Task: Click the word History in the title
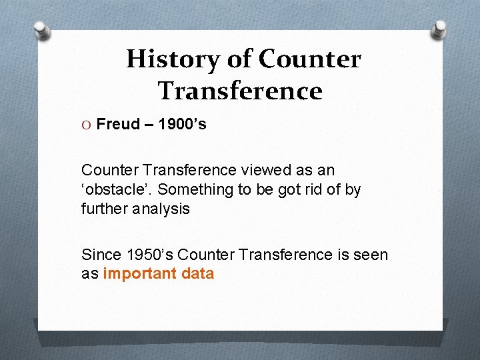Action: click(173, 59)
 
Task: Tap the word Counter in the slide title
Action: click(309, 59)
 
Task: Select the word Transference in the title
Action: click(240, 91)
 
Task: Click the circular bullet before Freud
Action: click(87, 125)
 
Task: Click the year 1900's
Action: click(181, 124)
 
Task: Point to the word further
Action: click(103, 209)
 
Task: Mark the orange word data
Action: click(197, 274)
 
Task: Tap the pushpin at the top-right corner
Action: click(440, 28)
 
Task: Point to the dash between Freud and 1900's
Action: click(149, 125)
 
